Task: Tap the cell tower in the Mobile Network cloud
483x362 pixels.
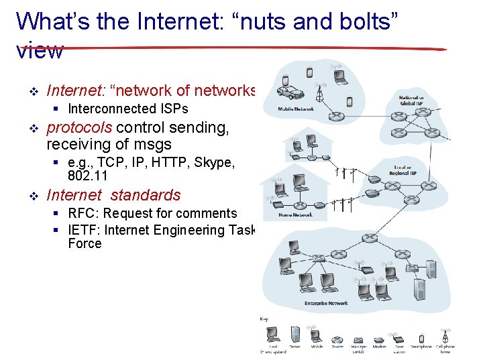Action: tap(320, 93)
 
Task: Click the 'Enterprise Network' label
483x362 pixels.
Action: tap(326, 303)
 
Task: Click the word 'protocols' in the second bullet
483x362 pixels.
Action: tap(80, 127)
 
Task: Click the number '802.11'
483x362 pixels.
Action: tap(88, 176)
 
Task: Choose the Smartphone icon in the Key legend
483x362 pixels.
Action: tap(421, 339)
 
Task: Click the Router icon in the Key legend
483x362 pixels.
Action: tap(337, 339)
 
